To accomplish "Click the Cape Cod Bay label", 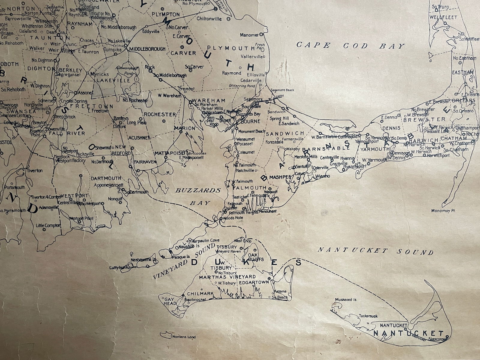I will pyautogui.click(x=350, y=46).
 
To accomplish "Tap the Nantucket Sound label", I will pyautogui.click(x=376, y=251).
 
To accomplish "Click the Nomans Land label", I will pyautogui.click(x=184, y=337).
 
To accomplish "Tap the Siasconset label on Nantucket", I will pyautogui.click(x=437, y=339).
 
